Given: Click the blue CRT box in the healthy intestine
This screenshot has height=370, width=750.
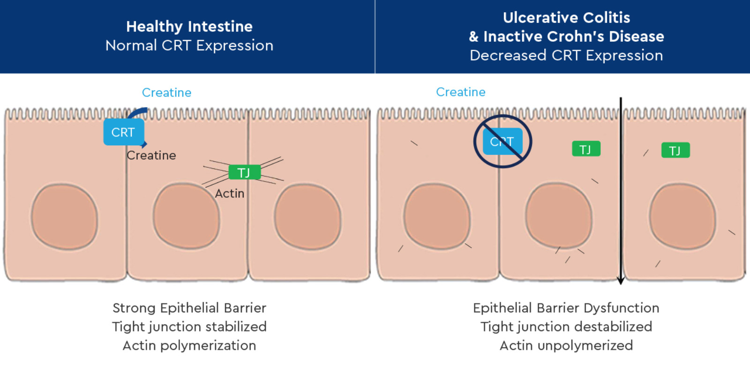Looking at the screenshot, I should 123,132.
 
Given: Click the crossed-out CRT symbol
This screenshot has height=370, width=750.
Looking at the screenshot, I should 502,141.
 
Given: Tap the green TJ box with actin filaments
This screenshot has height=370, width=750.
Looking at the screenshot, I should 244,173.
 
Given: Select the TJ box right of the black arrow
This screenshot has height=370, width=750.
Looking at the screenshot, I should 675,150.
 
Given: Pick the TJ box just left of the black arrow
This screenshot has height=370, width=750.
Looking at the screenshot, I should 586,149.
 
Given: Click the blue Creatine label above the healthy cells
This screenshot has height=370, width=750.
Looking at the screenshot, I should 166,92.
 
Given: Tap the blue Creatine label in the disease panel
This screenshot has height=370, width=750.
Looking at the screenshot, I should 460,92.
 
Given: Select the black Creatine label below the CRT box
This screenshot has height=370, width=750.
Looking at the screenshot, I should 151,155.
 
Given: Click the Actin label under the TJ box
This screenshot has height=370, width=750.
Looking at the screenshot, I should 230,193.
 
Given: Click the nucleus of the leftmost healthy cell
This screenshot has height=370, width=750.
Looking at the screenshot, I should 65,217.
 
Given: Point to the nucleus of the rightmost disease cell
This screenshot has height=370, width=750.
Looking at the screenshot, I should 682,216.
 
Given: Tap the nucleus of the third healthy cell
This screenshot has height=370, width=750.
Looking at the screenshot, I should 307,217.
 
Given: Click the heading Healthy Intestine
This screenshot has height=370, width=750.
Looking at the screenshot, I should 189,26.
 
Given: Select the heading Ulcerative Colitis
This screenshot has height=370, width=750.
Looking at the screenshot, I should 566,18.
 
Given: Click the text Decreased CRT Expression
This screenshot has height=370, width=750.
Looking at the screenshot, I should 566,55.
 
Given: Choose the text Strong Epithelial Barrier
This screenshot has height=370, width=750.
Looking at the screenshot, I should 189,308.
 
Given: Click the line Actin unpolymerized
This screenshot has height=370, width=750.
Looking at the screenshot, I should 566,345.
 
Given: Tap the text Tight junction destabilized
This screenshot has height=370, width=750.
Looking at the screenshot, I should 566,326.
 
